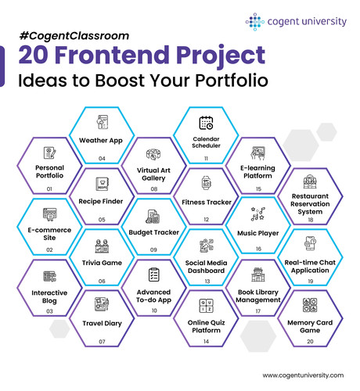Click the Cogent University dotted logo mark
point(255,22)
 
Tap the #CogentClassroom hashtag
point(74,36)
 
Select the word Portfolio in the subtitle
point(232,80)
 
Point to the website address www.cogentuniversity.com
point(303,375)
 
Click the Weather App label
point(101,141)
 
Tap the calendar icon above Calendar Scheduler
point(206,123)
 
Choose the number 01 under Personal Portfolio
point(49,188)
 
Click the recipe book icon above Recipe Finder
point(102,184)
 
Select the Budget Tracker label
point(154,232)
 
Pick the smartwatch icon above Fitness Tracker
point(207,182)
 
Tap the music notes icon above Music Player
point(258,214)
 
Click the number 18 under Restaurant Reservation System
point(311,220)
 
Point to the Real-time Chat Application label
point(310,267)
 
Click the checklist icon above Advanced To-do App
point(154,274)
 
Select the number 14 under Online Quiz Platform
point(206,341)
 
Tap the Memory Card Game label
point(310,326)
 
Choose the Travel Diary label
point(102,324)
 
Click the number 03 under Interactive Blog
point(49,311)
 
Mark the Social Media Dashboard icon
point(207,246)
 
